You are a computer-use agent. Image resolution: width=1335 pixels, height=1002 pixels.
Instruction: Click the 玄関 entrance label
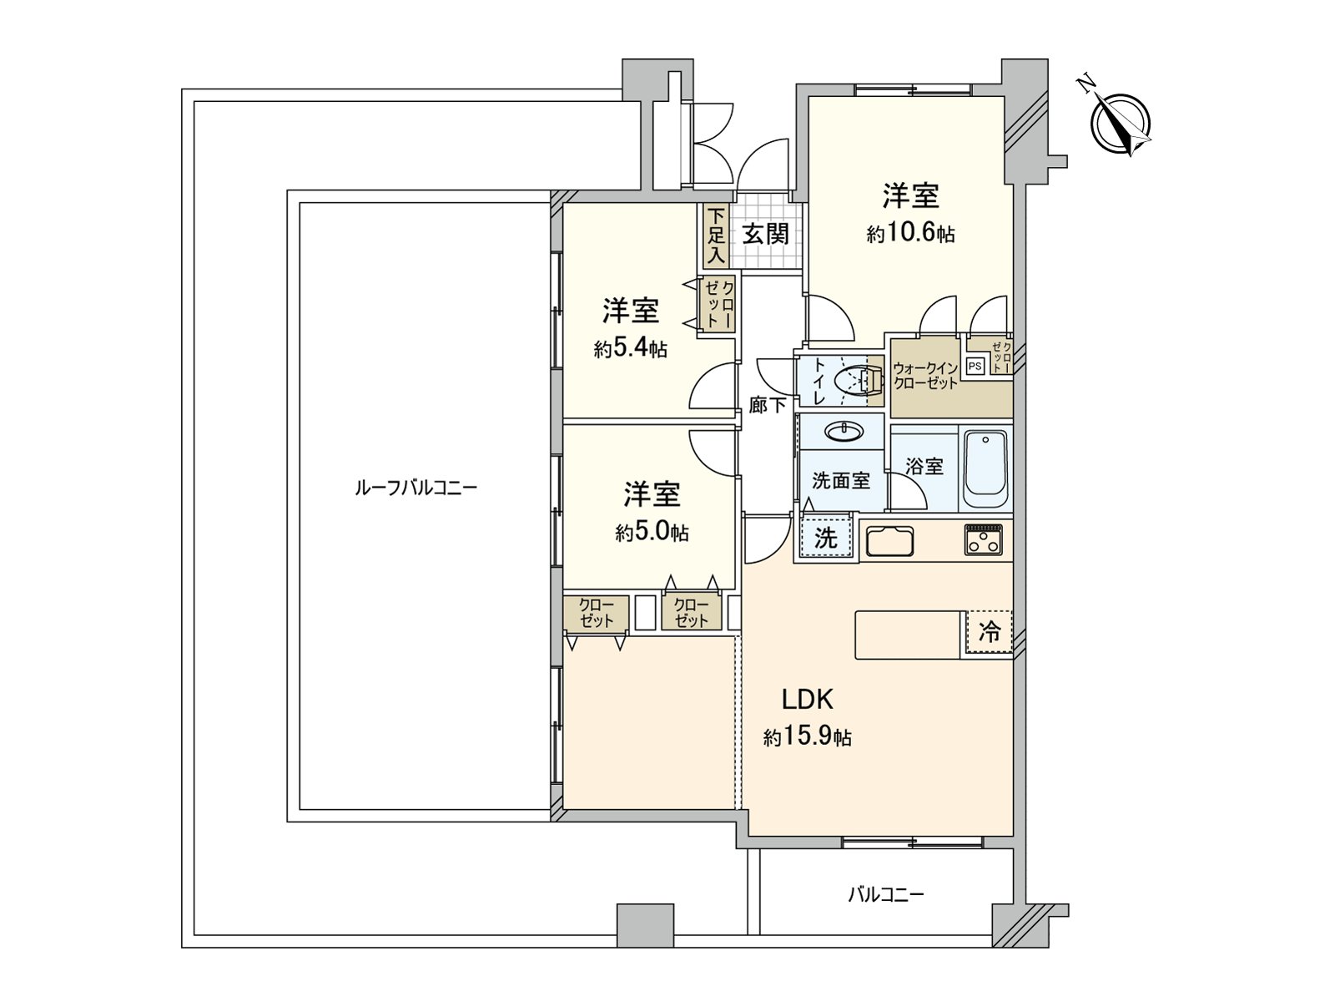(765, 234)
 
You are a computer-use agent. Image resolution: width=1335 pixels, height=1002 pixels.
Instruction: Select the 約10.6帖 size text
(910, 234)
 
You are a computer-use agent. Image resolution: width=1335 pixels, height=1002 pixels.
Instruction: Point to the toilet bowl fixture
(859, 381)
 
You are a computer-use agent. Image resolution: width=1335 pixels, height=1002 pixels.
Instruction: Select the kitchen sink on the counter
(889, 542)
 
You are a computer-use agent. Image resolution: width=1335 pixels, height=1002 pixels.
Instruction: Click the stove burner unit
(985, 539)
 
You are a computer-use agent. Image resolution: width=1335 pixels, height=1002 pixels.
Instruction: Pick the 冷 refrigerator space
(989, 632)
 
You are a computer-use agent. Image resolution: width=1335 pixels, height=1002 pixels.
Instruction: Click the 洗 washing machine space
(824, 538)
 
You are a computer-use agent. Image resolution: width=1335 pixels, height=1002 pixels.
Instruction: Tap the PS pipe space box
(975, 366)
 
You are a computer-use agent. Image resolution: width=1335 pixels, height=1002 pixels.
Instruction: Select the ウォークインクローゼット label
(924, 376)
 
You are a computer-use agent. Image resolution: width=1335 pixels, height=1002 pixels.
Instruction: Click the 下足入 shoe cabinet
(715, 235)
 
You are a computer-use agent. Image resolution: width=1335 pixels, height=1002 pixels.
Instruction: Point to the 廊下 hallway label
(767, 406)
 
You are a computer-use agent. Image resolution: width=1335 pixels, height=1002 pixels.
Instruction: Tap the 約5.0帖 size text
(652, 532)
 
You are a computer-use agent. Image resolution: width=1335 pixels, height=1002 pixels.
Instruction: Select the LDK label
(807, 699)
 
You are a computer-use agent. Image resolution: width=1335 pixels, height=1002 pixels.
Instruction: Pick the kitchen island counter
(908, 635)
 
